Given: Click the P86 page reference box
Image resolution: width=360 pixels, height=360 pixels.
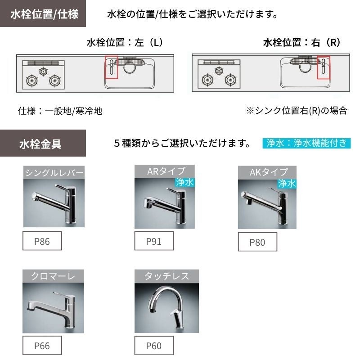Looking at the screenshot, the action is tap(42, 241).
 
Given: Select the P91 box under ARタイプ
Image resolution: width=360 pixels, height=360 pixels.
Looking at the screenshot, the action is tap(154, 241).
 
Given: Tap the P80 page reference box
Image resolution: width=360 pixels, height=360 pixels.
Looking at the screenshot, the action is tap(257, 242).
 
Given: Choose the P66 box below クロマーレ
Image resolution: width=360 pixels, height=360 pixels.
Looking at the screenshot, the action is tap(42, 345).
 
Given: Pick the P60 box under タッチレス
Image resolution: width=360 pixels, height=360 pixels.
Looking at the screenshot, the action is tap(154, 345).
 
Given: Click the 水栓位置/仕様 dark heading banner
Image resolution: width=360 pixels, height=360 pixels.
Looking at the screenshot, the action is tap(43, 13).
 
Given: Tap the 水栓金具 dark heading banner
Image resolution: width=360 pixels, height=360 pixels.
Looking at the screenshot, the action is tap(43, 143).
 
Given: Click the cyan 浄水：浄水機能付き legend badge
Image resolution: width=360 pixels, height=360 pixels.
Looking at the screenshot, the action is tap(306, 143).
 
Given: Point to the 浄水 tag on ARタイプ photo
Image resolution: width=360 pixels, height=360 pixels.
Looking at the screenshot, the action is tap(185, 182).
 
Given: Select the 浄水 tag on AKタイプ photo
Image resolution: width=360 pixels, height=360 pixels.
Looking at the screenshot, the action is tap(287, 184).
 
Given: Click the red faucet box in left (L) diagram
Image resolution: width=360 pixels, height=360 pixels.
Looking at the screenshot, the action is tap(111, 67).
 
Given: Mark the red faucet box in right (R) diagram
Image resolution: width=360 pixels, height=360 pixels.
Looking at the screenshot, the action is tap(324, 67).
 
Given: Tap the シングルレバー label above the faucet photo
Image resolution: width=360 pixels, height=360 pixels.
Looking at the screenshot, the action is tap(54, 172).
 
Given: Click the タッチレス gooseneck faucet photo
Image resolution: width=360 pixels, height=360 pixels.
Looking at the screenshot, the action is tap(166, 308).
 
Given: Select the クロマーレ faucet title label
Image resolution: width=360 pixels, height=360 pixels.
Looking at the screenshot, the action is tap(53, 276).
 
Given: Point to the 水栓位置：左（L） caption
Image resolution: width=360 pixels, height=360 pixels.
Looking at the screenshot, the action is tap(126, 42).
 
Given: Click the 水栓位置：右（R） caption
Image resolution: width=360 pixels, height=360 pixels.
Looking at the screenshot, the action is tap(302, 42).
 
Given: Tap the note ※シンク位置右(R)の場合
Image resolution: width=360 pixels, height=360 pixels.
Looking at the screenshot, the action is tap(297, 111).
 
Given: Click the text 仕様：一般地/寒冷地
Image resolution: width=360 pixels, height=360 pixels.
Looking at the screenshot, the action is tap(60, 111).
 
